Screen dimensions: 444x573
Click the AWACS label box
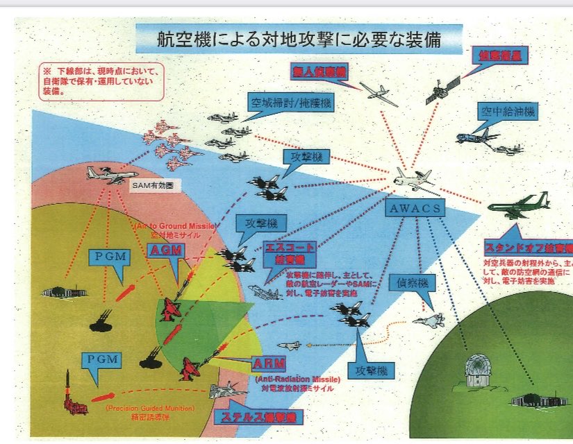[x=415, y=208]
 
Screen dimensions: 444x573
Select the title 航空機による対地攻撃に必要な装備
[x=299, y=39]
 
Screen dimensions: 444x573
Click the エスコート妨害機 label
[x=290, y=254]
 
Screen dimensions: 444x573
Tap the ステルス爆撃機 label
[x=258, y=418]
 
